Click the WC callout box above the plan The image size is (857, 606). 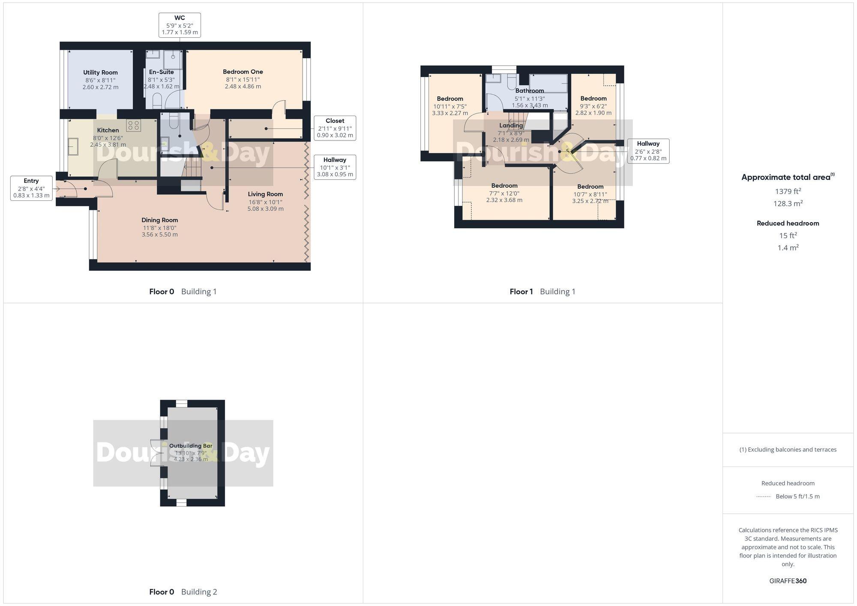(x=180, y=25)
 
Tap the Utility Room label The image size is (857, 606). (x=100, y=72)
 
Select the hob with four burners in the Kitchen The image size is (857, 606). (x=133, y=125)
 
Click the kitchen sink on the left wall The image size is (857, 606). (x=73, y=146)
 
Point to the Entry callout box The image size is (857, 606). (x=31, y=188)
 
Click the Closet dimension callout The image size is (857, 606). (x=335, y=128)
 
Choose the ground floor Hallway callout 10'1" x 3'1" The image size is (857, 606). (x=335, y=167)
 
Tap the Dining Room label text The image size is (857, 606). (x=159, y=220)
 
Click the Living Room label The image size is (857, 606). (x=265, y=194)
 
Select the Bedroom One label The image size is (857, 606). (x=243, y=72)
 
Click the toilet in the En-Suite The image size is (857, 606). (x=157, y=100)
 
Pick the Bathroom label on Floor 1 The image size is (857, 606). (x=530, y=91)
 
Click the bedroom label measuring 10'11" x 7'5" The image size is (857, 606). (x=450, y=99)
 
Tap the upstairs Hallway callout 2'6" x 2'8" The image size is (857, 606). (x=648, y=151)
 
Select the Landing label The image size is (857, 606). (x=511, y=125)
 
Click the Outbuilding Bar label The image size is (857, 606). (x=191, y=446)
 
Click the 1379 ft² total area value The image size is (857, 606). (x=788, y=191)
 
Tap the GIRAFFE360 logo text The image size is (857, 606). (x=788, y=581)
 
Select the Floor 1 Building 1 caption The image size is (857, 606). (x=542, y=292)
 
